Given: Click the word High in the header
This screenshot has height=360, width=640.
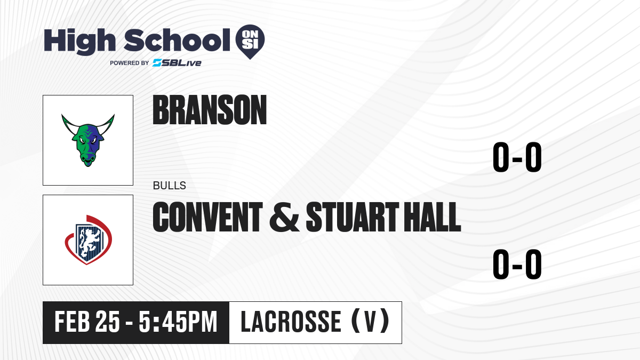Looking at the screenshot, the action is [x=79, y=41].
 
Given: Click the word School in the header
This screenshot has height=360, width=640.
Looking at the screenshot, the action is [x=177, y=40].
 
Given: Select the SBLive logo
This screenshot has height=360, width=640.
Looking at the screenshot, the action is [x=177, y=63].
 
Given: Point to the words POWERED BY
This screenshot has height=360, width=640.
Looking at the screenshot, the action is [x=130, y=63].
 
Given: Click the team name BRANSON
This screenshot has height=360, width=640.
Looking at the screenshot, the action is [x=210, y=110].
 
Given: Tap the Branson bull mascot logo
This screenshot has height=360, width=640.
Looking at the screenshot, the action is [x=88, y=140].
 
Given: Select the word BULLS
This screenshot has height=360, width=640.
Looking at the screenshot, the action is [x=170, y=186].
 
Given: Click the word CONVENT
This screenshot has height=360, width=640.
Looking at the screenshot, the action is [x=207, y=217].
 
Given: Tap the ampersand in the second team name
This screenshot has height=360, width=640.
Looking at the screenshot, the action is [x=284, y=217].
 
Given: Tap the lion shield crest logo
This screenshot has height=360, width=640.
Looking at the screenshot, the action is [x=89, y=239].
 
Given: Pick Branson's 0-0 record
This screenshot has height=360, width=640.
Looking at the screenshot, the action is [x=517, y=157].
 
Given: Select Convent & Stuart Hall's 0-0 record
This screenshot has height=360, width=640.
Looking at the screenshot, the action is [x=517, y=264].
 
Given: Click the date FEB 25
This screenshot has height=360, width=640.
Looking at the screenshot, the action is [x=87, y=322].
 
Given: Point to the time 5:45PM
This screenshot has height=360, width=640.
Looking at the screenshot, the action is [x=178, y=322].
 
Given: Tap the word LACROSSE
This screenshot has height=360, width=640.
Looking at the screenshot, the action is [x=291, y=322].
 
